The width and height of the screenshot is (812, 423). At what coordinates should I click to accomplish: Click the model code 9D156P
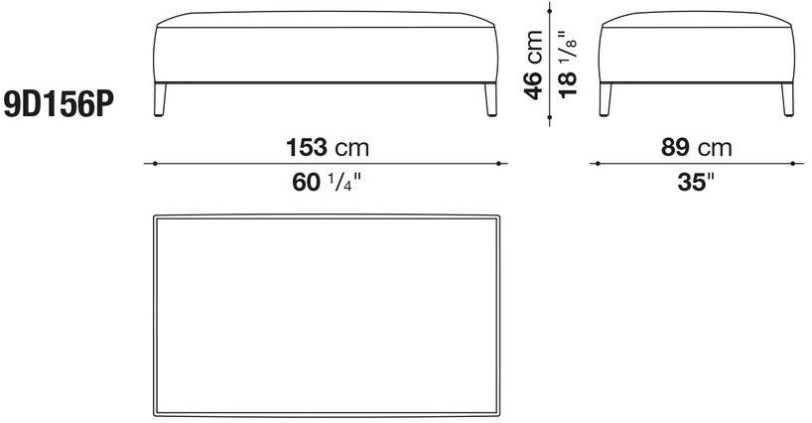coord(59,106)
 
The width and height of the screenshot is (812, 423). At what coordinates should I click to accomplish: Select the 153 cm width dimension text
coord(328,148)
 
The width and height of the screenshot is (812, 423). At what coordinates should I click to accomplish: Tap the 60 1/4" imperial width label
coord(327,183)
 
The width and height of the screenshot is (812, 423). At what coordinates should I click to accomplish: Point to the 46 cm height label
coord(534,65)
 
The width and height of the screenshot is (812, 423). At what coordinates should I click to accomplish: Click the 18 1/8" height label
coord(568,65)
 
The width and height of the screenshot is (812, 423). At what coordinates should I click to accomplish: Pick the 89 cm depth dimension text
coord(697,148)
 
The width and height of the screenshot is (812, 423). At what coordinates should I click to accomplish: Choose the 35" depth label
coord(696,183)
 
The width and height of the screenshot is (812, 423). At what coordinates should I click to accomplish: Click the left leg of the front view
coord(161,99)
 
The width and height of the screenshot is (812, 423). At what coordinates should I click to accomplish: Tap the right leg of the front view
coord(490,99)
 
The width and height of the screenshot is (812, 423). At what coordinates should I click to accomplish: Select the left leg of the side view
coord(606,99)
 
